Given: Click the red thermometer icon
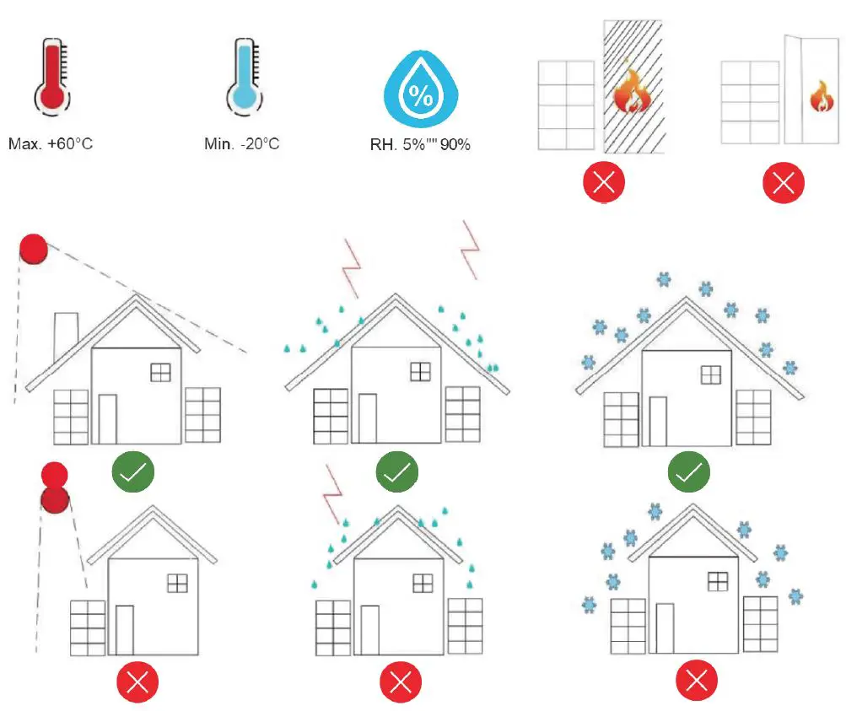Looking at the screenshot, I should [51, 77].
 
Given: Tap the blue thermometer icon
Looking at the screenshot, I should [242, 77].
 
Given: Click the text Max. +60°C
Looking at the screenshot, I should [51, 144].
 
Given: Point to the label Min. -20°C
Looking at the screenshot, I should [241, 144].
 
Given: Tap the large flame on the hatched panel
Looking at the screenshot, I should [632, 92].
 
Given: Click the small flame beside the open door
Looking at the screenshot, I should [820, 97].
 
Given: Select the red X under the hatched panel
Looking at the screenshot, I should [604, 181].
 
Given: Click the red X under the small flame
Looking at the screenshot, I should [783, 181].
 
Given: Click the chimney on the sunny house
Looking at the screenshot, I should [67, 336].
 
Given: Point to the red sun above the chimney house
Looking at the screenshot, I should [33, 249].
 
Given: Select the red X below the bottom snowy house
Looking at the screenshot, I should [698, 680].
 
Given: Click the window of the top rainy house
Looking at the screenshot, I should [420, 371].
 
